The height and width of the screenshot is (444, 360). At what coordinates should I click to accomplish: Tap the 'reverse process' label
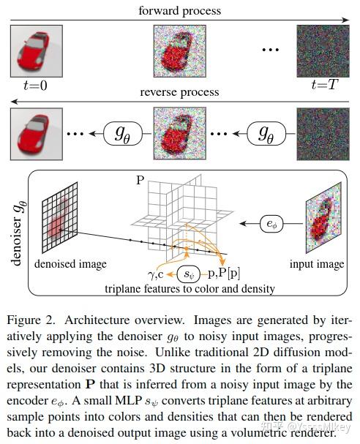point(180,92)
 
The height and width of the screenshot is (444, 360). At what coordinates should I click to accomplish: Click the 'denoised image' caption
point(67,263)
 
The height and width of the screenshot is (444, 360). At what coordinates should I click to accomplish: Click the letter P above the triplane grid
point(140,178)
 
